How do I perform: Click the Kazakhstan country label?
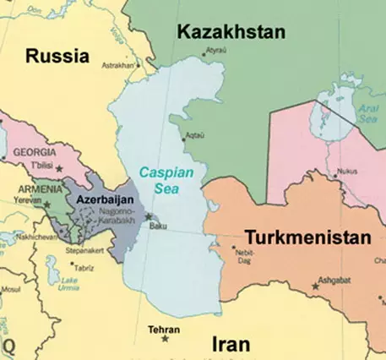231,31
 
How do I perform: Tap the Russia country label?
57,57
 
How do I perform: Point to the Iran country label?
229,343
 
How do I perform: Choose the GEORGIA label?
35,151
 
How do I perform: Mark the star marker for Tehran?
165,339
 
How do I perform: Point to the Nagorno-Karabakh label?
112,215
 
